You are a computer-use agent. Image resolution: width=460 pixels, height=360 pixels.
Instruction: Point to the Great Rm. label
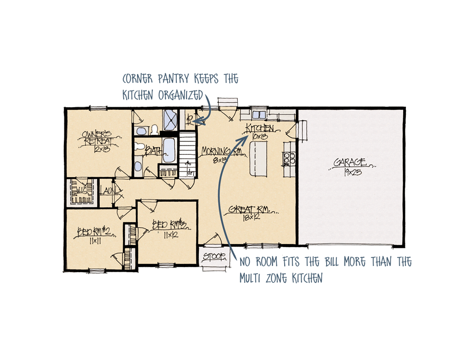click(249, 209)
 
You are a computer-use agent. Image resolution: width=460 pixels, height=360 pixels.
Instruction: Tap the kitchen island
click(258, 158)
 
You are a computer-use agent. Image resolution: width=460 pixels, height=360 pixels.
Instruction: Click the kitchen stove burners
click(289, 157)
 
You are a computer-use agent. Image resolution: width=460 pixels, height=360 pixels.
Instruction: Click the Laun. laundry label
click(109, 192)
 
